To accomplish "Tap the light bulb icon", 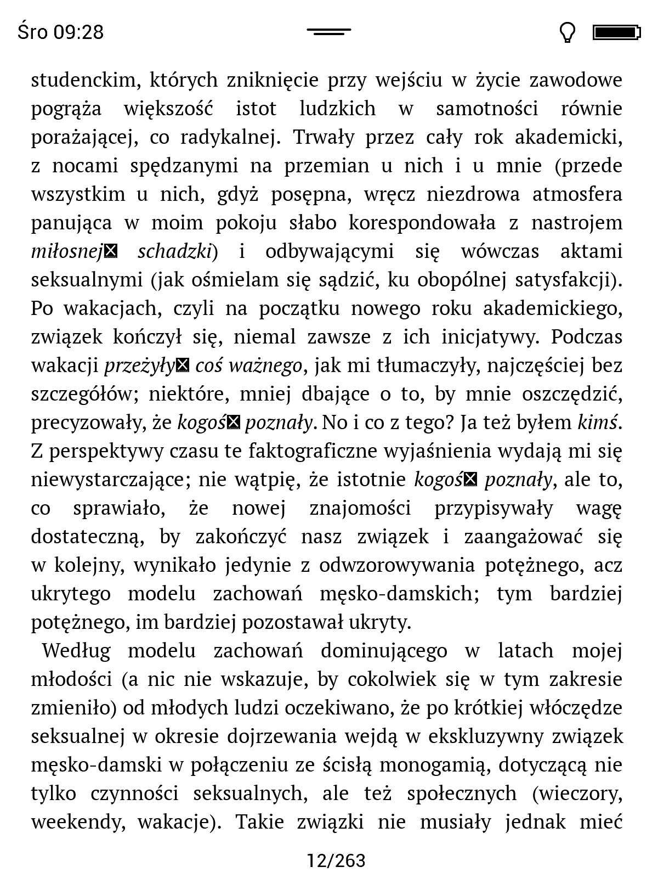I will tap(568, 32).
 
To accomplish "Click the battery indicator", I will tap(616, 32).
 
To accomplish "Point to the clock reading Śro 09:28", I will tap(60, 32).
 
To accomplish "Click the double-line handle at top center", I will tap(329, 32).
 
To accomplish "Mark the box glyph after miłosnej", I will tap(111, 251).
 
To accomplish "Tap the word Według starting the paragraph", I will tap(76, 651).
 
